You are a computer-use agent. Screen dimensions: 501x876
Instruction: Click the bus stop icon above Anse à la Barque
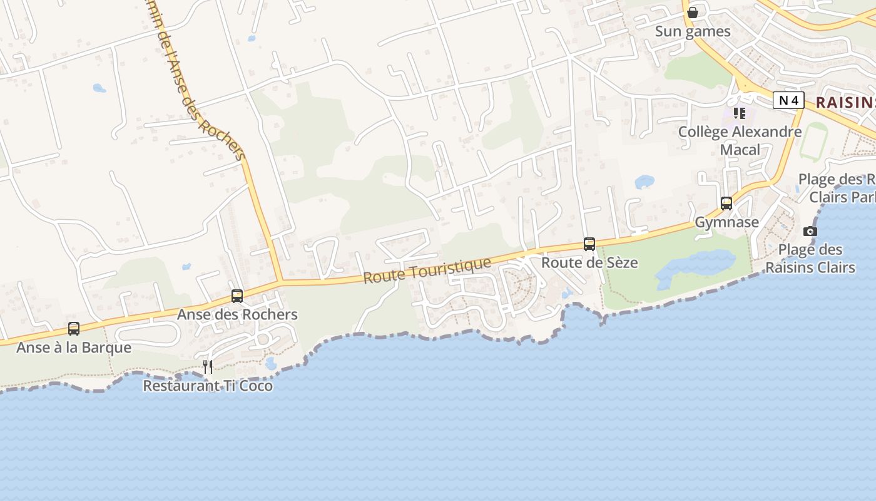click(74, 329)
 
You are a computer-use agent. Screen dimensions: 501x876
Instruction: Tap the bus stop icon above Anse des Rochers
click(237, 296)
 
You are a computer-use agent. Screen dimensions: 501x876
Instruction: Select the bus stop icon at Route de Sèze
click(589, 244)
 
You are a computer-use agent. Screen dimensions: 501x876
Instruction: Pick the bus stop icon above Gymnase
click(726, 204)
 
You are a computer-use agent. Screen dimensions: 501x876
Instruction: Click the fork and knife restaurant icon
click(208, 367)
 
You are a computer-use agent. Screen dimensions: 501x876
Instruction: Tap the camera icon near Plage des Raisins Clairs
click(810, 231)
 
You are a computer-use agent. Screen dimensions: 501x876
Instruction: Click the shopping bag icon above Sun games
click(693, 13)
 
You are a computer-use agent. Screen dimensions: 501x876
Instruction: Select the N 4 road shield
click(788, 100)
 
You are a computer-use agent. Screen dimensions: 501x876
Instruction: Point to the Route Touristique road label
click(427, 271)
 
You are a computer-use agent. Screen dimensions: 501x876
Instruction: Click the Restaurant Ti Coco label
click(208, 386)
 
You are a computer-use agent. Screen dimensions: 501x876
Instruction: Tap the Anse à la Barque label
click(74, 348)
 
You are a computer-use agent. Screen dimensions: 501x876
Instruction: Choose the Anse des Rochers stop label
click(237, 314)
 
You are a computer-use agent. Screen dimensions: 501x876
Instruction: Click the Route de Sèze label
click(589, 262)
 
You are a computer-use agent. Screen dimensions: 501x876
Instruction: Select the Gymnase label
click(727, 222)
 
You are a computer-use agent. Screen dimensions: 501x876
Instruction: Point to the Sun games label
click(693, 31)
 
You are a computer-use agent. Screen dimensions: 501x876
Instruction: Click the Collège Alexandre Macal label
click(740, 140)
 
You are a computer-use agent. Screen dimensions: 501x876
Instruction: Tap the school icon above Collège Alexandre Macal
click(740, 113)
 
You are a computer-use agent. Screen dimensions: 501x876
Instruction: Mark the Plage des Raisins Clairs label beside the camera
click(810, 259)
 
